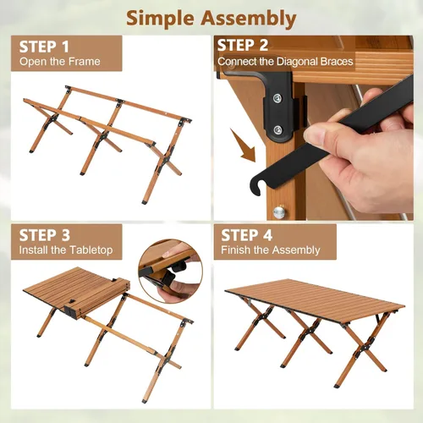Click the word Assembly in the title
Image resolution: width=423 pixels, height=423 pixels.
[x=249, y=18]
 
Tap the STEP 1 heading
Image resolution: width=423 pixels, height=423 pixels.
[x=50, y=45]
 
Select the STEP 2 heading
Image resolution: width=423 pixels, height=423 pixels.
[x=243, y=45]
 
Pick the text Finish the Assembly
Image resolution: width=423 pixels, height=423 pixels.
[x=271, y=250]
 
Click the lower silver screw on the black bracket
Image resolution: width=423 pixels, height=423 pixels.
[x=276, y=130]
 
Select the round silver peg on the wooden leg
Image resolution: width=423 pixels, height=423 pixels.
[x=279, y=212]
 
